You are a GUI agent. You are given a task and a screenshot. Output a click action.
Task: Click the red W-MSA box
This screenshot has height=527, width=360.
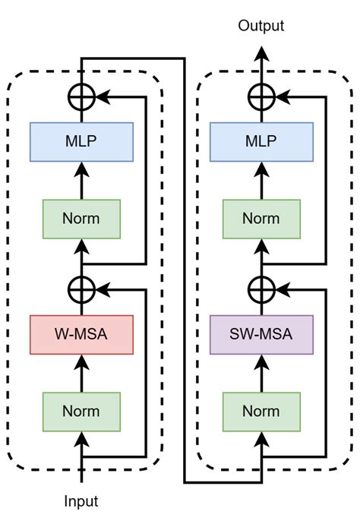81,334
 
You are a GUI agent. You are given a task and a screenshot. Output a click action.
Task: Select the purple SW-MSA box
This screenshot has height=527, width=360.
261,334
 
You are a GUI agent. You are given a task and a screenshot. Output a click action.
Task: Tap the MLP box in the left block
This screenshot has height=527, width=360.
81,141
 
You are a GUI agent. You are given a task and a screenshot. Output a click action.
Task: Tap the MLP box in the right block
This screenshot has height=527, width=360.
261,141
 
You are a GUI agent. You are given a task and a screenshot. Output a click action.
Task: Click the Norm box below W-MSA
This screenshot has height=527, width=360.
81,411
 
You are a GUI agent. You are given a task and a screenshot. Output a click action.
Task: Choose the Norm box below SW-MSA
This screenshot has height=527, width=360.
261,411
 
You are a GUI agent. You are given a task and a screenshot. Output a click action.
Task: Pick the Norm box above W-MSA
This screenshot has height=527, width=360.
81,218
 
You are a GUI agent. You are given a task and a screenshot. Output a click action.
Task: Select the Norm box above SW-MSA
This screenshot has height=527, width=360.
261,218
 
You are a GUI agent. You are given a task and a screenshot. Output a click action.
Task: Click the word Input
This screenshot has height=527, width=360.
81,501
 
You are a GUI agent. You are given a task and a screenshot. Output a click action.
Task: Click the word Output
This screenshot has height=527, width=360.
261,27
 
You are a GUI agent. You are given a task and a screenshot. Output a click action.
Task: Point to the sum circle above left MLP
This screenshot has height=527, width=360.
81,97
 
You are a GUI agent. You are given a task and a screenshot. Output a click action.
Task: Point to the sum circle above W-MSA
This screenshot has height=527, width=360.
81,289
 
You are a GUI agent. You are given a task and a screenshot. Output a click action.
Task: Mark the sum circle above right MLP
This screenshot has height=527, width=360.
261,97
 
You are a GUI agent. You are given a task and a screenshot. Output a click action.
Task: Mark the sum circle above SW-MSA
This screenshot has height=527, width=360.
261,289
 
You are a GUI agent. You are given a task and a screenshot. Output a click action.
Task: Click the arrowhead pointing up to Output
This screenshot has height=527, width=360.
261,53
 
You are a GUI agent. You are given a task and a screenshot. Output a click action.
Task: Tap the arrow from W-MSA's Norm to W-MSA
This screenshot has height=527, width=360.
81,372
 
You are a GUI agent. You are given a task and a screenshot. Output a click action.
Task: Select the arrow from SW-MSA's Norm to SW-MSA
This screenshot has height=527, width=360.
261,372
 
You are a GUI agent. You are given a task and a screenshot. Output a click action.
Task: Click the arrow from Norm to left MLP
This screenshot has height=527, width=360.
81,179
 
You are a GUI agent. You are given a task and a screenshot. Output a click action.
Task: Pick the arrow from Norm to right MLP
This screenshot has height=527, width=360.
261,179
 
